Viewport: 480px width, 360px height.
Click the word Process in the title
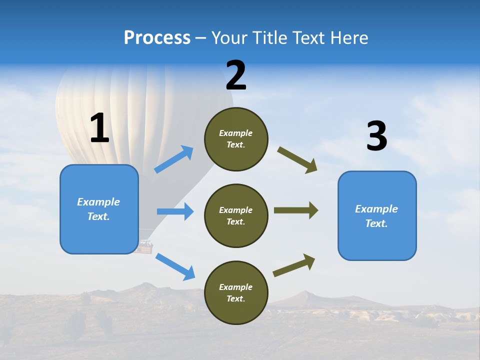157,38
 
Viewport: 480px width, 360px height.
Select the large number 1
99,128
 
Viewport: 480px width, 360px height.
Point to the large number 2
236,75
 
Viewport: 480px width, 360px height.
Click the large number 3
376,136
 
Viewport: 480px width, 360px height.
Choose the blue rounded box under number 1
99,209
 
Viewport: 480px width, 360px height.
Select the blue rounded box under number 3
377,215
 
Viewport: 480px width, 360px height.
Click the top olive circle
236,139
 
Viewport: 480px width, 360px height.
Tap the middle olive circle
236,215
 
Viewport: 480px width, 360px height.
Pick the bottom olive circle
236,292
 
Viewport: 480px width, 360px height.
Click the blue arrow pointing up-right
174,159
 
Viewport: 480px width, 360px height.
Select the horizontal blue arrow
175,211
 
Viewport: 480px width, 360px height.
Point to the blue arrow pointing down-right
175,266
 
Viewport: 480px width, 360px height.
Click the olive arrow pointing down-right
297,160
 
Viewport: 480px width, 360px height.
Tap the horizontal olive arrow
296,210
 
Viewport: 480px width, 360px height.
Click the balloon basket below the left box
146,247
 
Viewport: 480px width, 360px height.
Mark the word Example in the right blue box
376,209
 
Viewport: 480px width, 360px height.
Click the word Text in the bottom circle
235,298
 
